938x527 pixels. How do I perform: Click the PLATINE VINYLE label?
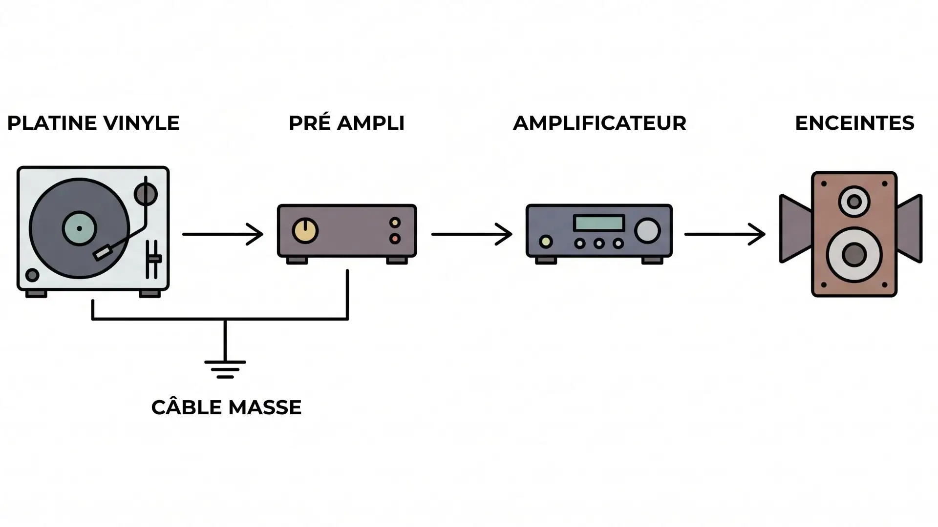coord(93,123)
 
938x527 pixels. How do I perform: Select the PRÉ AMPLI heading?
coord(346,123)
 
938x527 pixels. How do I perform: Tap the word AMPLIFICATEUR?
coord(599,123)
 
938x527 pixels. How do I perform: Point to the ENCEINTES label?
coord(854,123)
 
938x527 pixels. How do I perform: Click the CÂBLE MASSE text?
coord(226,407)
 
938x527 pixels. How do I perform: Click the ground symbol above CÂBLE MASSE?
coord(225,368)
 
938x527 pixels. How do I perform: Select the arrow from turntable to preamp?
coord(223,234)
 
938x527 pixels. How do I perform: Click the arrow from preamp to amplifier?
coord(471,234)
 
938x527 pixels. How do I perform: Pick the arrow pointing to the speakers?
coord(725,234)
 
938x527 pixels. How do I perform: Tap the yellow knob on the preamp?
coord(305,231)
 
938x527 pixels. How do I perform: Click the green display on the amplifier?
coord(599,223)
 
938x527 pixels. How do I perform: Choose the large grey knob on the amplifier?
coord(647,230)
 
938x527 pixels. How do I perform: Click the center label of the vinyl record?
coord(79,228)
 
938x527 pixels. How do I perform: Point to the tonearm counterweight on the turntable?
coord(146,194)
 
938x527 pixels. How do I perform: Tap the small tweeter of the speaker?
coord(854,202)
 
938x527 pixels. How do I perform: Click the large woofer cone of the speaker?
coord(854,255)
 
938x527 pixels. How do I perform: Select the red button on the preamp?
coord(395,239)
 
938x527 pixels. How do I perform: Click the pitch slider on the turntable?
coord(154,259)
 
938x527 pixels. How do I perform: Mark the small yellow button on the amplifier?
coord(546,242)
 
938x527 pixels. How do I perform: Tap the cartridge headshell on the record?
coord(103,253)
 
